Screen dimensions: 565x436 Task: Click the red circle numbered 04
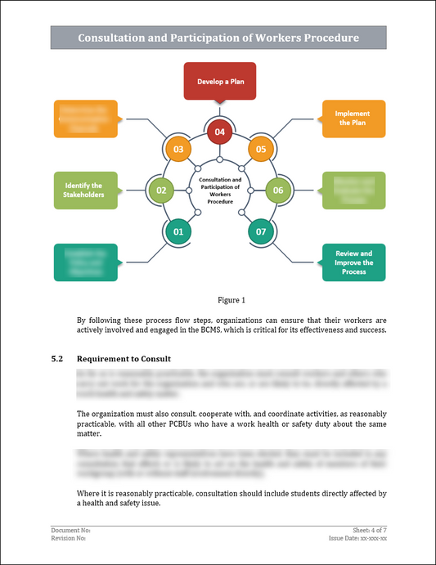tap(218, 131)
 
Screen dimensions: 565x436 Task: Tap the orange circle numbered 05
tap(260, 149)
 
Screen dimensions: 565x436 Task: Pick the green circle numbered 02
tap(160, 190)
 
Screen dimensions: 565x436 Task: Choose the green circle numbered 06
tap(277, 190)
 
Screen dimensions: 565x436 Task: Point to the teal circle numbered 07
tap(261, 231)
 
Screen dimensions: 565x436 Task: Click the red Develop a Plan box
tap(218, 82)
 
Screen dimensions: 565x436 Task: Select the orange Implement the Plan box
tap(353, 119)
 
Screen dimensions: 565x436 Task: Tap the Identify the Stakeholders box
tap(84, 190)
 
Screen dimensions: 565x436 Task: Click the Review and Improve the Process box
tap(353, 262)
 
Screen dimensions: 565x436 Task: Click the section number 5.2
tap(57, 359)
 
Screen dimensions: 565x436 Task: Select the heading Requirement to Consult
tap(123, 359)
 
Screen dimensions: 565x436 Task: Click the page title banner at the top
tap(218, 38)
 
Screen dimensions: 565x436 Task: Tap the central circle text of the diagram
tap(218, 190)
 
